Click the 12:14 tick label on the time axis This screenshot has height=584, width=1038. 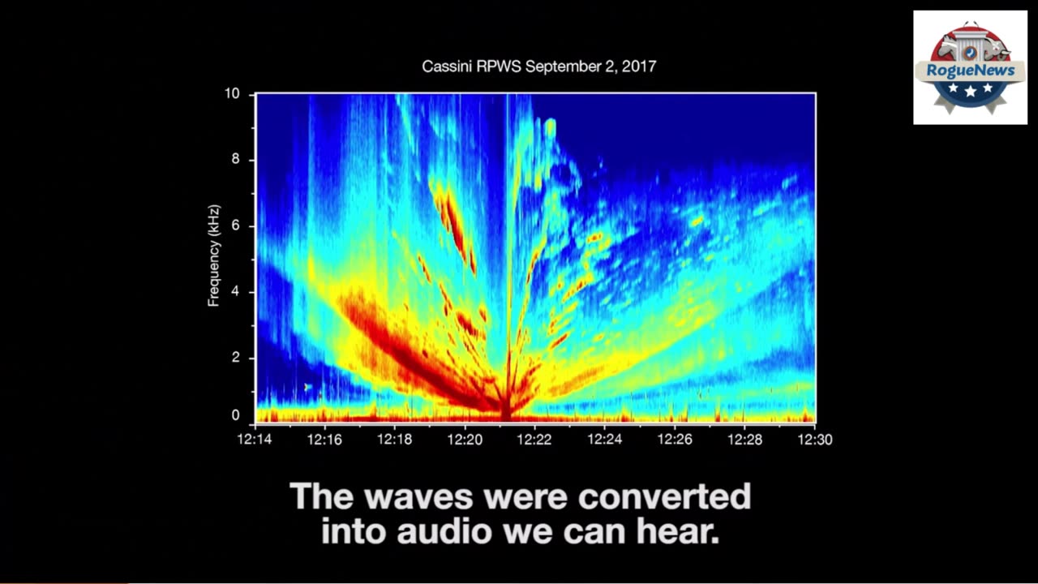255,440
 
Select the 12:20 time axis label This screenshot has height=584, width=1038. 465,440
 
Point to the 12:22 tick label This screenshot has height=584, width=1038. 534,440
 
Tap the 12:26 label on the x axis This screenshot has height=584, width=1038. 675,440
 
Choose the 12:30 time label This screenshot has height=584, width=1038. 815,440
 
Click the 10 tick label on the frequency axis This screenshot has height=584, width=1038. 232,93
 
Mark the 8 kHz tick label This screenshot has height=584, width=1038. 236,160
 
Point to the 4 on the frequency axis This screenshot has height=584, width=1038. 236,291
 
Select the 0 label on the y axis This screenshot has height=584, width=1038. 236,415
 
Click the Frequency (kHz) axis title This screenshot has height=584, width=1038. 213,255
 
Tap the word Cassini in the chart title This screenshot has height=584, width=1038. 447,67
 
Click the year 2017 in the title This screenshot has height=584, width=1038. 639,67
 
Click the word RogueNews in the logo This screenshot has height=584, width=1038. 971,71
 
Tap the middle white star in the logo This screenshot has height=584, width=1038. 971,91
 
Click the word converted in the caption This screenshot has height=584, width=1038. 664,496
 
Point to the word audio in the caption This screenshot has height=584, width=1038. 444,531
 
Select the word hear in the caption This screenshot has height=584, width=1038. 677,531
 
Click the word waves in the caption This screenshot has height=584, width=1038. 418,496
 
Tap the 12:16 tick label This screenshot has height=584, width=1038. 324,440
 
